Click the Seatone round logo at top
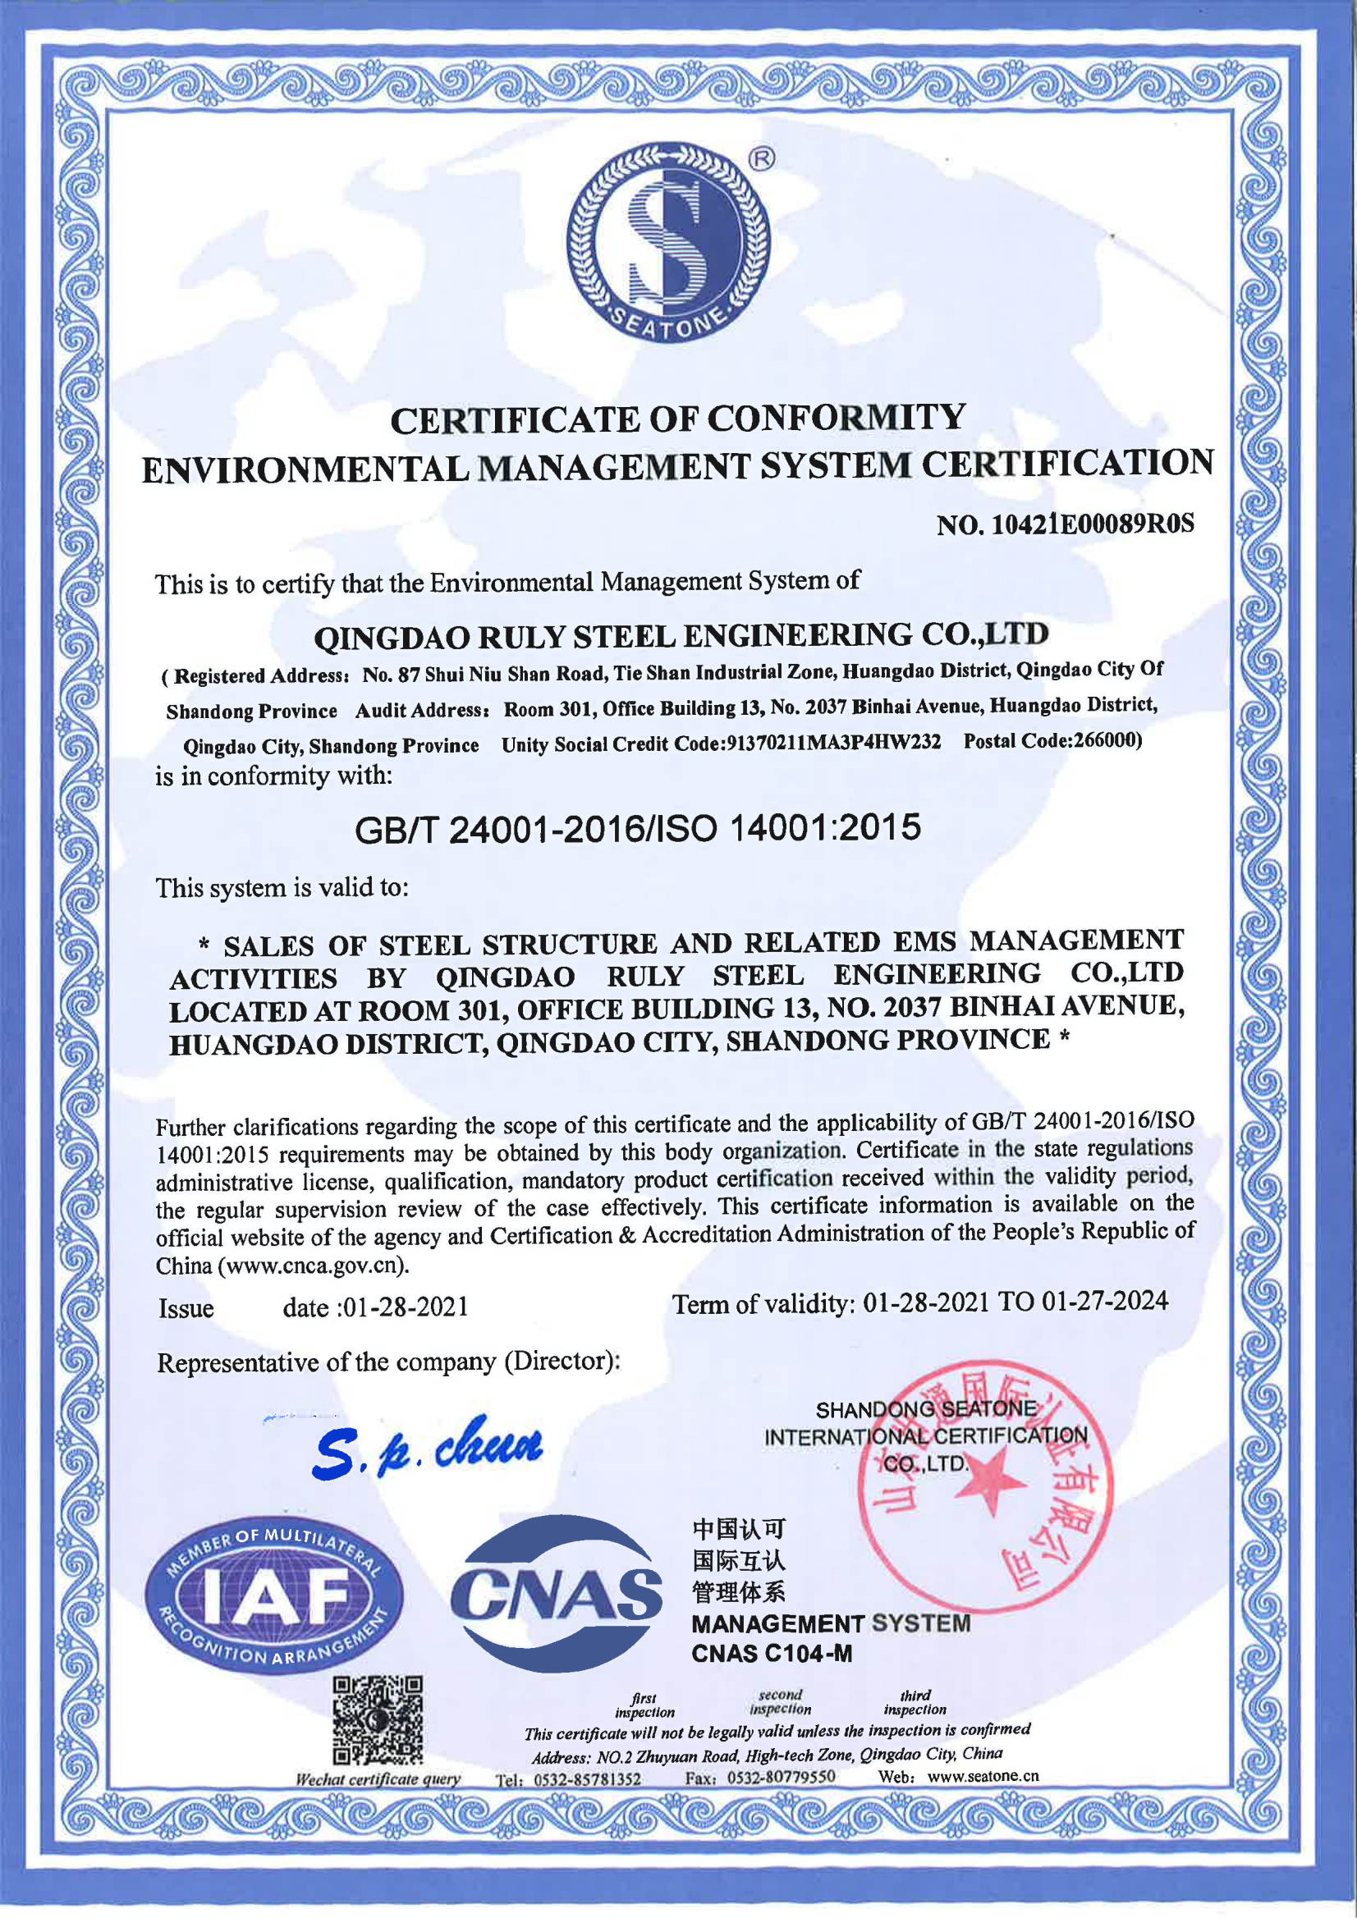pyautogui.click(x=668, y=242)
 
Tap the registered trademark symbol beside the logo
pyautogui.click(x=761, y=158)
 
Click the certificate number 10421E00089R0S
pyautogui.click(x=1092, y=524)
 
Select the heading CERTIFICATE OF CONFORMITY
pyautogui.click(x=677, y=419)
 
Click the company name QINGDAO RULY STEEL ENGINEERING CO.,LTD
pyautogui.click(x=681, y=636)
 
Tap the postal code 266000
pyautogui.click(x=1107, y=740)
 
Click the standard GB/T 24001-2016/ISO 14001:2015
pyautogui.click(x=638, y=829)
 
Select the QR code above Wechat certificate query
pyautogui.click(x=378, y=1719)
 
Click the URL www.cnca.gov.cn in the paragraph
pyautogui.click(x=314, y=1266)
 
